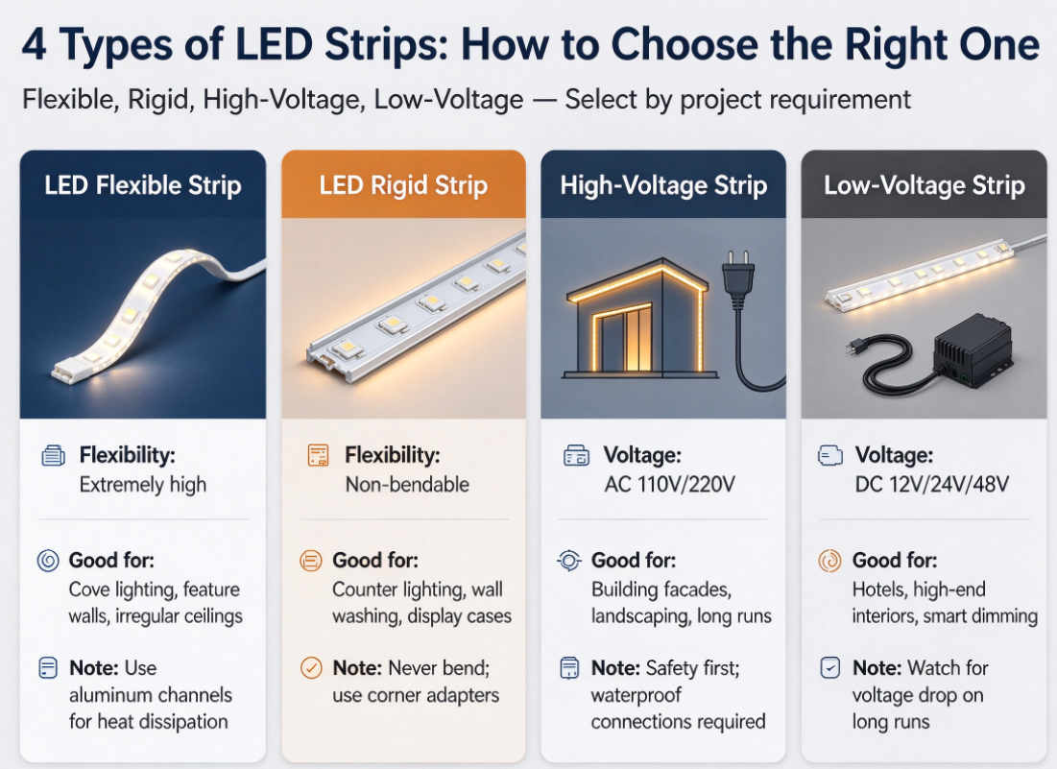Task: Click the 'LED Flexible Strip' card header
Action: pyautogui.click(x=143, y=184)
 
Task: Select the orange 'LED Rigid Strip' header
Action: pyautogui.click(x=403, y=184)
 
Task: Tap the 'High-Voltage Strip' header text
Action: pyautogui.click(x=663, y=185)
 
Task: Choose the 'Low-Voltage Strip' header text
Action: pyautogui.click(x=925, y=185)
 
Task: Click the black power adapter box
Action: pyautogui.click(x=972, y=349)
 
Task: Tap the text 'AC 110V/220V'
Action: pyautogui.click(x=669, y=484)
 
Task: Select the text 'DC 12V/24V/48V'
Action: pyautogui.click(x=931, y=484)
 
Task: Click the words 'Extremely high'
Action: pyautogui.click(x=143, y=485)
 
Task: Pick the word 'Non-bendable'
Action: pyautogui.click(x=407, y=484)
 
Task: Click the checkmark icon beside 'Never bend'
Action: pyautogui.click(x=311, y=668)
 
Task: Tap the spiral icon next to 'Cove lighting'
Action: pyautogui.click(x=48, y=560)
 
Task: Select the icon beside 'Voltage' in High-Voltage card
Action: pyautogui.click(x=576, y=456)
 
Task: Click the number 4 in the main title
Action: pyautogui.click(x=34, y=45)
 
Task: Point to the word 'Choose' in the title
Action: pyautogui.click(x=685, y=44)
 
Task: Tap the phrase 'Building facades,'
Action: pyautogui.click(x=661, y=589)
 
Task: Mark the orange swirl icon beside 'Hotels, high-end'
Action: pyautogui.click(x=829, y=560)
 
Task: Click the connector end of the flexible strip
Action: pyautogui.click(x=68, y=370)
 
